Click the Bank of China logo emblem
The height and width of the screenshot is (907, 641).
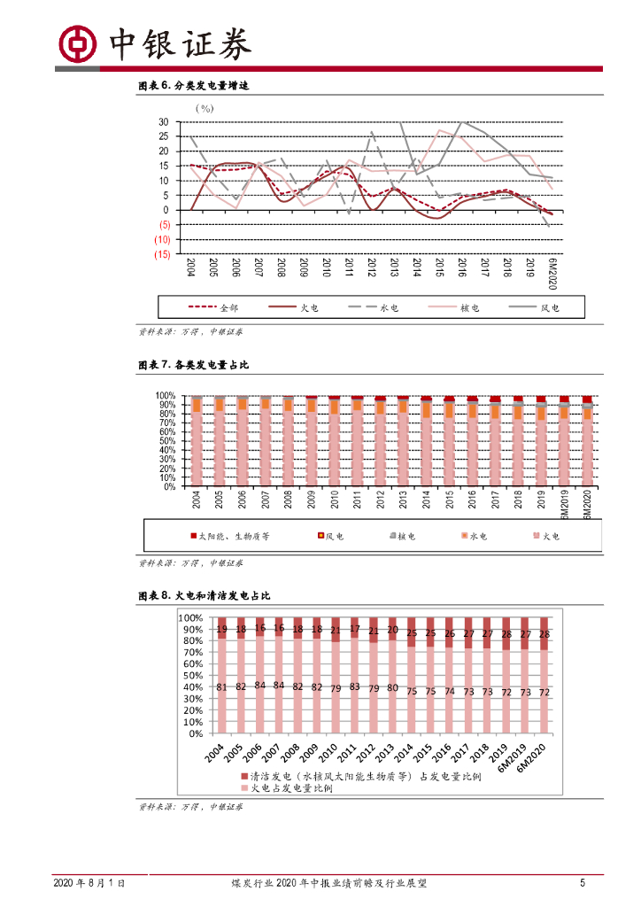click(77, 42)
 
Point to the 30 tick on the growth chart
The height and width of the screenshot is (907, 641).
click(165, 121)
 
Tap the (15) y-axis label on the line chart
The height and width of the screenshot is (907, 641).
click(162, 254)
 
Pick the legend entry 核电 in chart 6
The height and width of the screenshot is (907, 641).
click(469, 307)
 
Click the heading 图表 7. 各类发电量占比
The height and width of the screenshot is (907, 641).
click(194, 364)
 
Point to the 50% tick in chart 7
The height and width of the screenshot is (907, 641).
click(166, 441)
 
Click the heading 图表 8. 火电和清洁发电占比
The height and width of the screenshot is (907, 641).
click(205, 596)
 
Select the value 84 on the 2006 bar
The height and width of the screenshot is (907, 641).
click(259, 685)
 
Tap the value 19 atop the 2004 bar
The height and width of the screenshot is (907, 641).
click(222, 630)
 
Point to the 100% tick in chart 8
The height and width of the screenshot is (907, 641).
click(191, 617)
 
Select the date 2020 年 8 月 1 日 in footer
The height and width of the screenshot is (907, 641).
click(89, 883)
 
